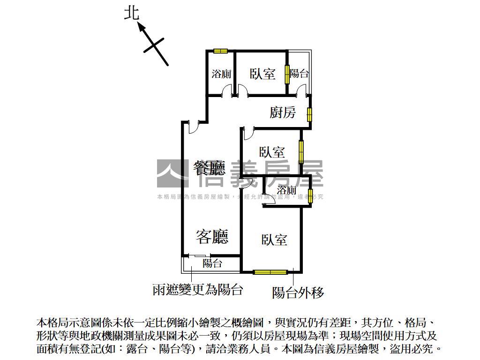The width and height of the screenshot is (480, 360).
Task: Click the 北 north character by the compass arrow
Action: point(132,13)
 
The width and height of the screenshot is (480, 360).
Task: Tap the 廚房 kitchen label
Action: point(283,112)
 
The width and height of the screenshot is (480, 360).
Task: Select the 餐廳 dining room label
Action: point(209,167)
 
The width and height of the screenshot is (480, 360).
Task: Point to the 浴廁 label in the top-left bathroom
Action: point(221,74)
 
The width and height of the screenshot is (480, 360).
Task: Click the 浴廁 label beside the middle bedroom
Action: point(286,190)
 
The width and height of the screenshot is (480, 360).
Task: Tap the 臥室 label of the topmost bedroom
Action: point(262,74)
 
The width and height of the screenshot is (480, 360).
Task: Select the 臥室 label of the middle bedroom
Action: point(272,152)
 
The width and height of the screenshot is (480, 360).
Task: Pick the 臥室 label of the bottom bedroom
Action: point(274,240)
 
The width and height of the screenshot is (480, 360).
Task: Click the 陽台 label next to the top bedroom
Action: point(299,74)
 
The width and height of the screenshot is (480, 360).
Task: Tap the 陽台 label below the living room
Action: point(212,263)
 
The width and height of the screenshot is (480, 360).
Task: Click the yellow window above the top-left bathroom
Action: point(220,51)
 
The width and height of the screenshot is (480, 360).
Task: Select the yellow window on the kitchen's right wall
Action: point(310,114)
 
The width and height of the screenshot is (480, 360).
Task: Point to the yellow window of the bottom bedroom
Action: point(270,271)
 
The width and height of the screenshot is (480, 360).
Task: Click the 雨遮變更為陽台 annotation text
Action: point(198,290)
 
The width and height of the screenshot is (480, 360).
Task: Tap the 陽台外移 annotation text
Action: point(298,293)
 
